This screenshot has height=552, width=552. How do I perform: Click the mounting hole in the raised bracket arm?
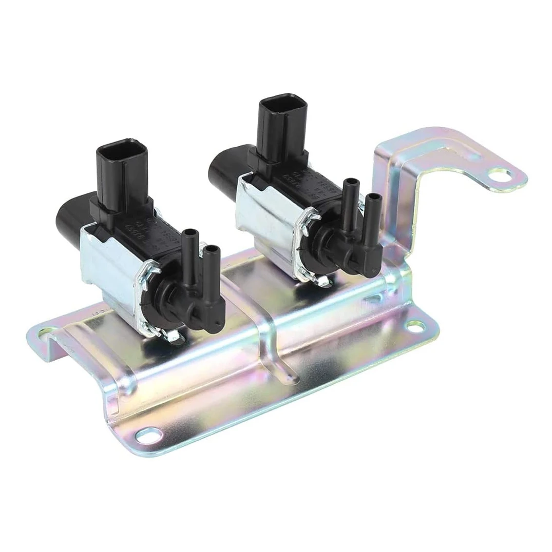click(497, 178)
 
